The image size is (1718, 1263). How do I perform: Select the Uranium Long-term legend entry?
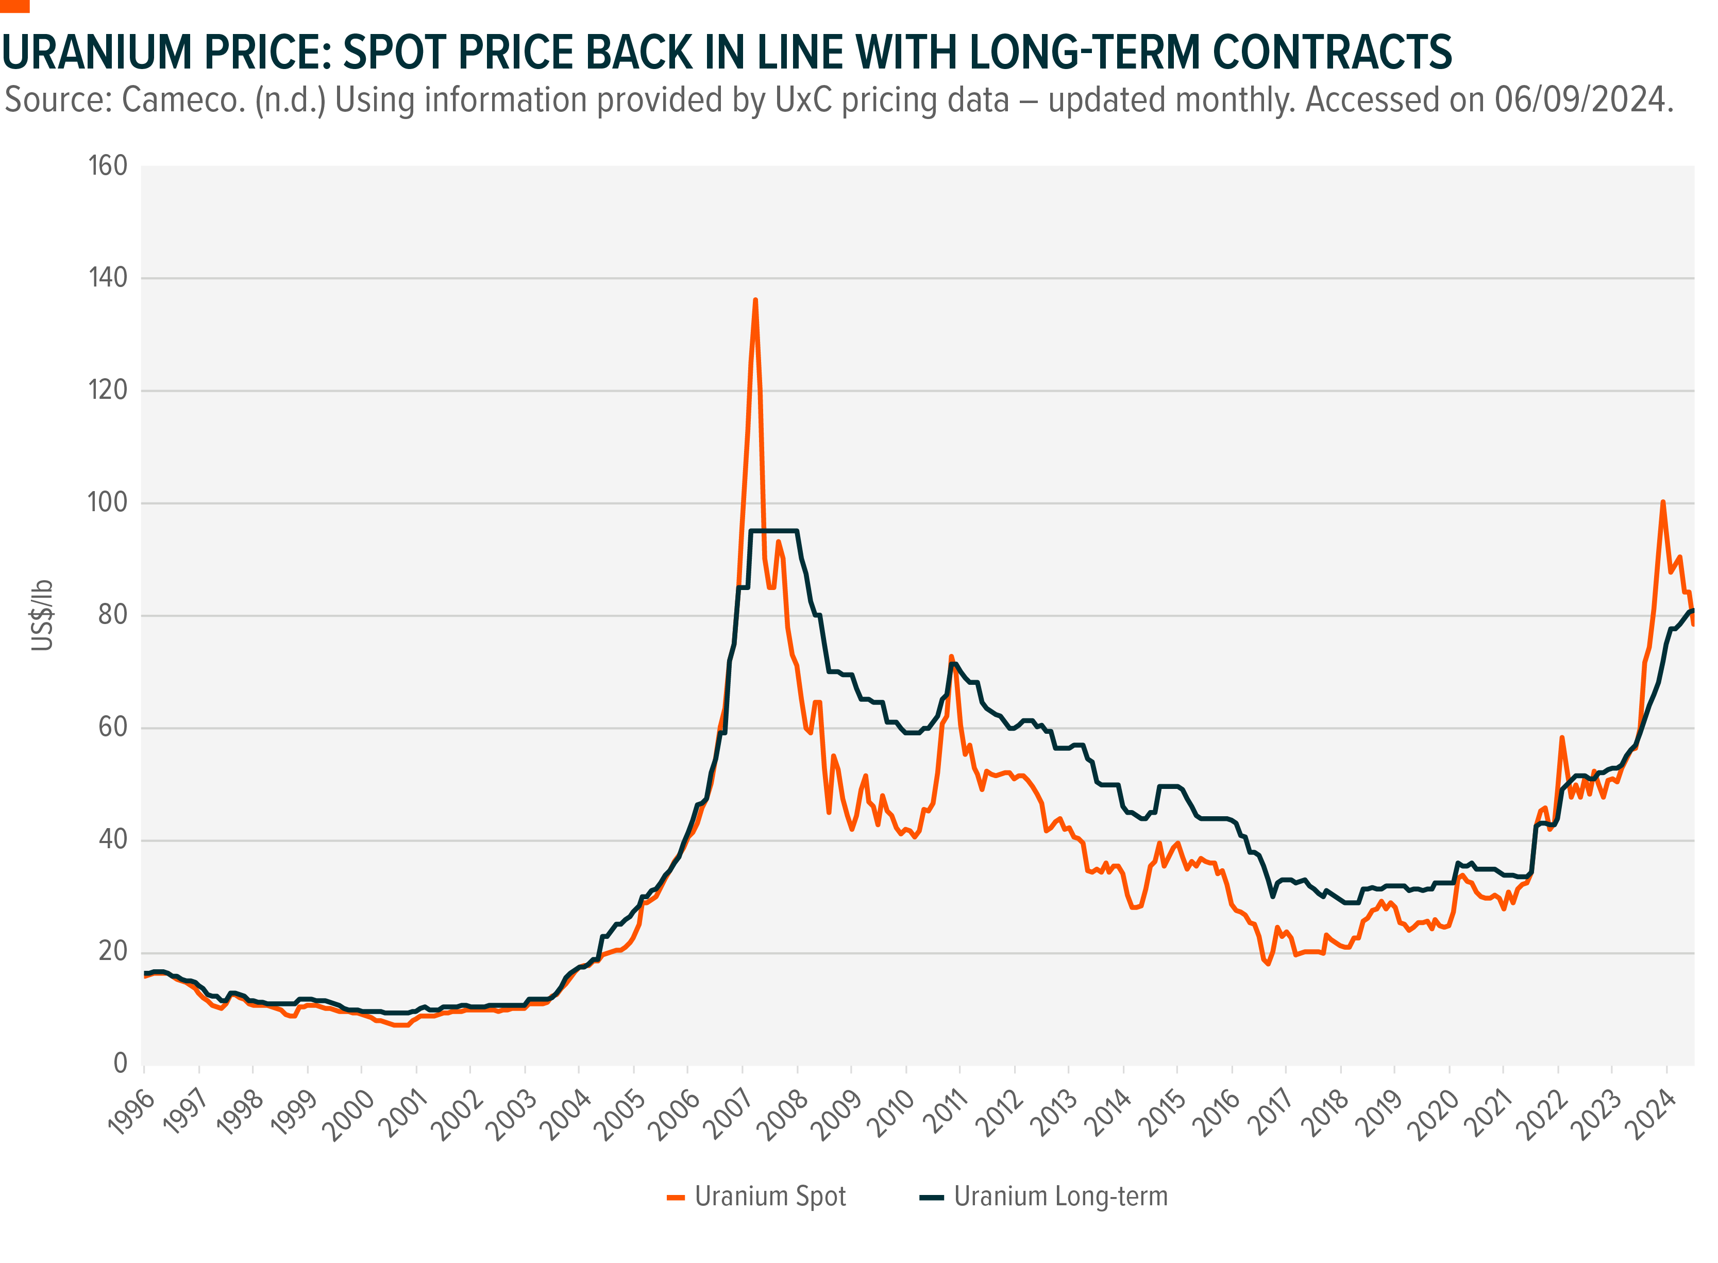click(1059, 1197)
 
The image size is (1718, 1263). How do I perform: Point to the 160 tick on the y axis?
click(108, 166)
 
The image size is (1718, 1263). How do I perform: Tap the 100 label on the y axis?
click(108, 502)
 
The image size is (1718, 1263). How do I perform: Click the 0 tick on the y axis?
click(120, 1064)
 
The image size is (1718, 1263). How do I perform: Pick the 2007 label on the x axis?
click(727, 1115)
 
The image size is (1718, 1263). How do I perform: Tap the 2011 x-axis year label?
click(945, 1115)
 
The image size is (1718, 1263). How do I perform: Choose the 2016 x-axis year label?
click(1216, 1115)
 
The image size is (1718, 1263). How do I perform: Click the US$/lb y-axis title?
click(43, 615)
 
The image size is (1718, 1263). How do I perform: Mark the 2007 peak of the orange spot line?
click(755, 300)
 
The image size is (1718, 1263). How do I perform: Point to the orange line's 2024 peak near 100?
click(1663, 502)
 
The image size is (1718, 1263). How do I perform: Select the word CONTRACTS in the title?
click(1332, 53)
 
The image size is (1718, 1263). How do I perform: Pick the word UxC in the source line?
click(803, 100)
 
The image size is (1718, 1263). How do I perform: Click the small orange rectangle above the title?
click(14, 6)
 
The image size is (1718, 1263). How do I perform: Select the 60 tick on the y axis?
click(113, 727)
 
